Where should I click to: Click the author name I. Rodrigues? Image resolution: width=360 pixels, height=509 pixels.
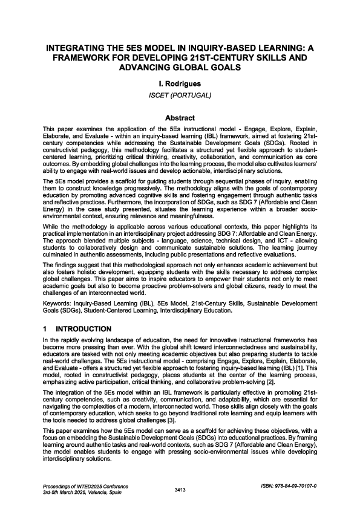[x=180, y=84]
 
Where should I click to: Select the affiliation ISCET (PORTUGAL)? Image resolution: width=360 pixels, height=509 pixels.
[x=180, y=96]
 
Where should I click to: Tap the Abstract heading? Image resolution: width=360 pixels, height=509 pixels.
[x=180, y=118]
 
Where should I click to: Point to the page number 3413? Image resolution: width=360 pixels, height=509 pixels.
[x=180, y=489]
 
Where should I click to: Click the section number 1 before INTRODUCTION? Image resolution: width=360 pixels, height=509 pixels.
[x=45, y=329]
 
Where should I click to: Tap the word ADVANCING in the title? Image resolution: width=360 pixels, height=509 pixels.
[x=146, y=68]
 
